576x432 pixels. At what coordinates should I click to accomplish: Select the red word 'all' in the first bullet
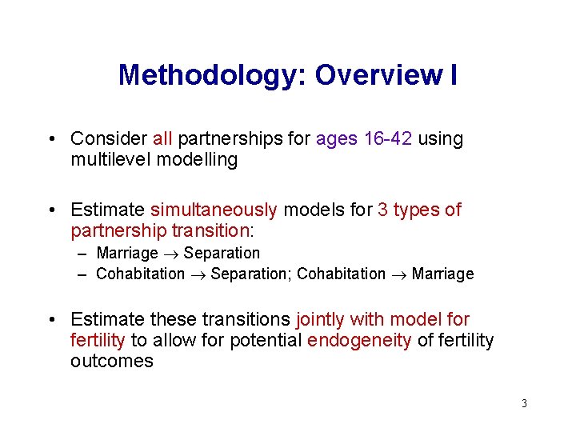(x=162, y=138)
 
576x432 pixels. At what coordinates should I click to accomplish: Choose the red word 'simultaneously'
(x=214, y=210)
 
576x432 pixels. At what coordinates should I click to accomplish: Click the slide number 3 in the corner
(x=524, y=403)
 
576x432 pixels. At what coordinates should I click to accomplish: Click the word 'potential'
(x=265, y=341)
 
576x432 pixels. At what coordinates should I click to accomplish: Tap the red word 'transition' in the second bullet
(x=210, y=230)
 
